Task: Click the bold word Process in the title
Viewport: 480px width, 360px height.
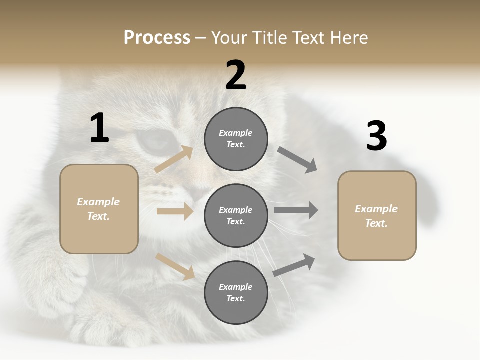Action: pyautogui.click(x=157, y=38)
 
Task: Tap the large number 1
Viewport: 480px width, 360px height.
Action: pyautogui.click(x=99, y=128)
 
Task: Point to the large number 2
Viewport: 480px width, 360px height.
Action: pyautogui.click(x=236, y=75)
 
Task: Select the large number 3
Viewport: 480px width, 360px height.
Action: pyautogui.click(x=376, y=136)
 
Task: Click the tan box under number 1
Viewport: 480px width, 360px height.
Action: pyautogui.click(x=99, y=209)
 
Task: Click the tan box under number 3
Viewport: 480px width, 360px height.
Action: pyautogui.click(x=377, y=215)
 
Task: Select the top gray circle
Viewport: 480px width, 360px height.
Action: pyautogui.click(x=236, y=139)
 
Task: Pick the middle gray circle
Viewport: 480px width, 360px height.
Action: pyautogui.click(x=236, y=215)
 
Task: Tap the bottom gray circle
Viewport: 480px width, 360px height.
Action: pyautogui.click(x=236, y=292)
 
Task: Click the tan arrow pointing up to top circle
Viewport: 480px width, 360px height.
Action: pyautogui.click(x=174, y=159)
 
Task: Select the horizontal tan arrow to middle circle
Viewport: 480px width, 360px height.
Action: pyautogui.click(x=175, y=211)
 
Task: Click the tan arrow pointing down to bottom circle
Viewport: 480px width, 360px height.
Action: pyautogui.click(x=175, y=266)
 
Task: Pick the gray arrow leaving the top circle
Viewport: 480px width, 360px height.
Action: pyautogui.click(x=297, y=160)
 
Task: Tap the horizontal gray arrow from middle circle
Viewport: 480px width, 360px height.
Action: pyautogui.click(x=296, y=210)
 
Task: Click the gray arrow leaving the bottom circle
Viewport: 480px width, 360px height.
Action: pyautogui.click(x=294, y=265)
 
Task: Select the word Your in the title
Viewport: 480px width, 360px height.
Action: pyautogui.click(x=229, y=38)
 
